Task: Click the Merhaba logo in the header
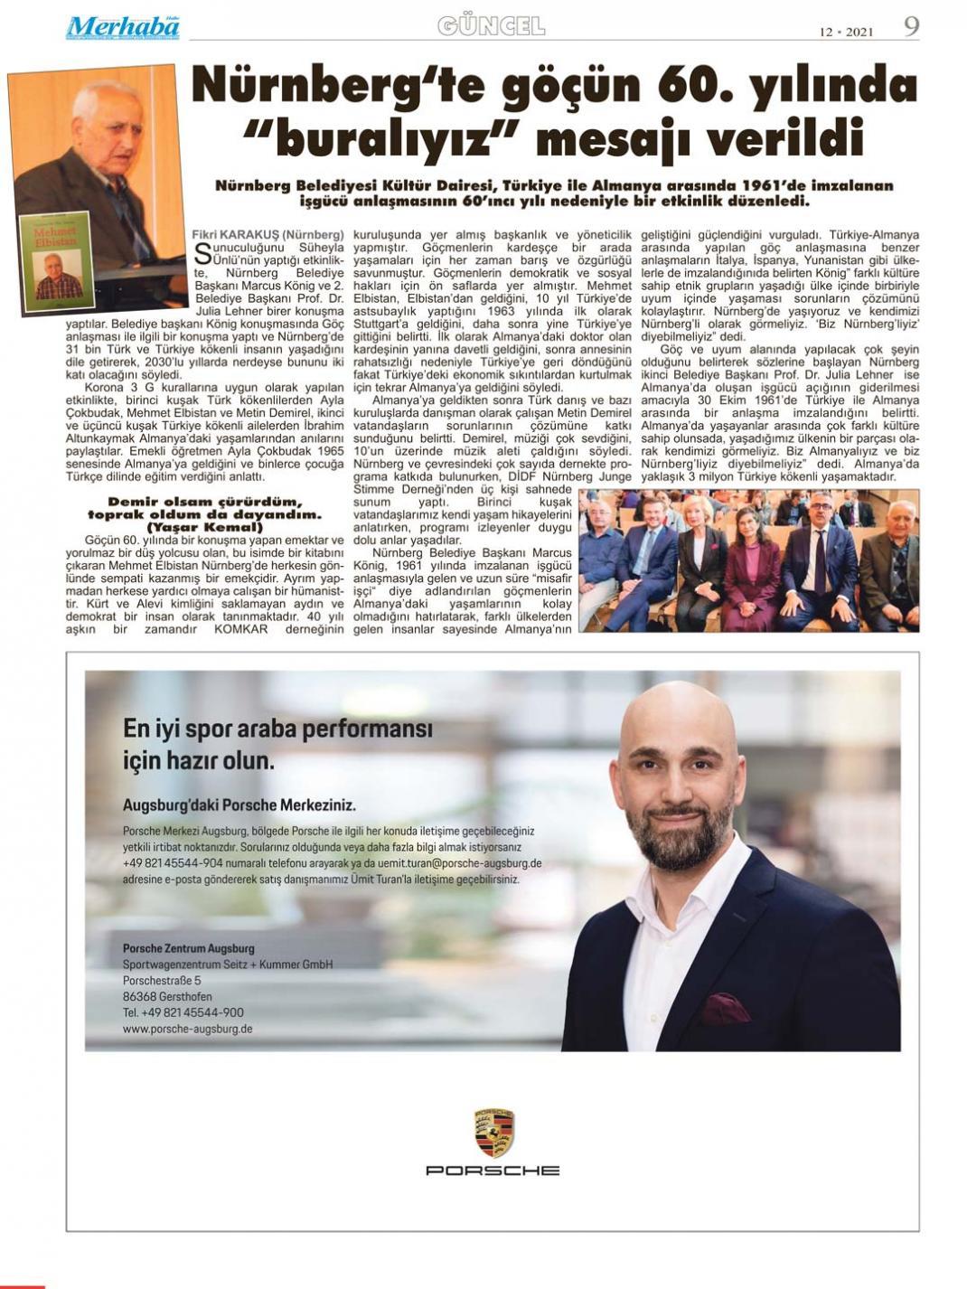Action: click(122, 27)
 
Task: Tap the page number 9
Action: click(911, 26)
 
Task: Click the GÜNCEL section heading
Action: click(491, 26)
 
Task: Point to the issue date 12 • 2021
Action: click(846, 32)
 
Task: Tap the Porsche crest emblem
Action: click(493, 1132)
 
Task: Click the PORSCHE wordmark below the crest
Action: click(493, 1171)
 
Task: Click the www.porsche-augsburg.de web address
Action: click(187, 1029)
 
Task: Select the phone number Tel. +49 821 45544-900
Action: click(183, 1012)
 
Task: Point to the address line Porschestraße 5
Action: click(162, 980)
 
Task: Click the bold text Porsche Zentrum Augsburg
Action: click(189, 948)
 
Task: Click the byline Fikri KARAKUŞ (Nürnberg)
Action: click(268, 234)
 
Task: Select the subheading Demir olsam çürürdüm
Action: click(205, 502)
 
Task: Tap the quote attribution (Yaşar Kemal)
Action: click(205, 527)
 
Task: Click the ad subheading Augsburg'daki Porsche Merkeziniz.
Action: click(239, 804)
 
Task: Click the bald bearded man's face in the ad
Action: click(684, 785)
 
